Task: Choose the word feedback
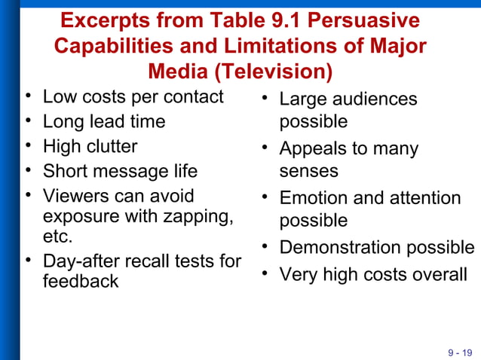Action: pyautogui.click(x=81, y=281)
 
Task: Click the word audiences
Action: pyautogui.click(x=374, y=99)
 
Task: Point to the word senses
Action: pyautogui.click(x=309, y=171)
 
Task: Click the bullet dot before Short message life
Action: pyautogui.click(x=28, y=171)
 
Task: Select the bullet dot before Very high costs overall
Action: pyautogui.click(x=265, y=275)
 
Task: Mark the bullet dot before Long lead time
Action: pyautogui.click(x=28, y=121)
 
